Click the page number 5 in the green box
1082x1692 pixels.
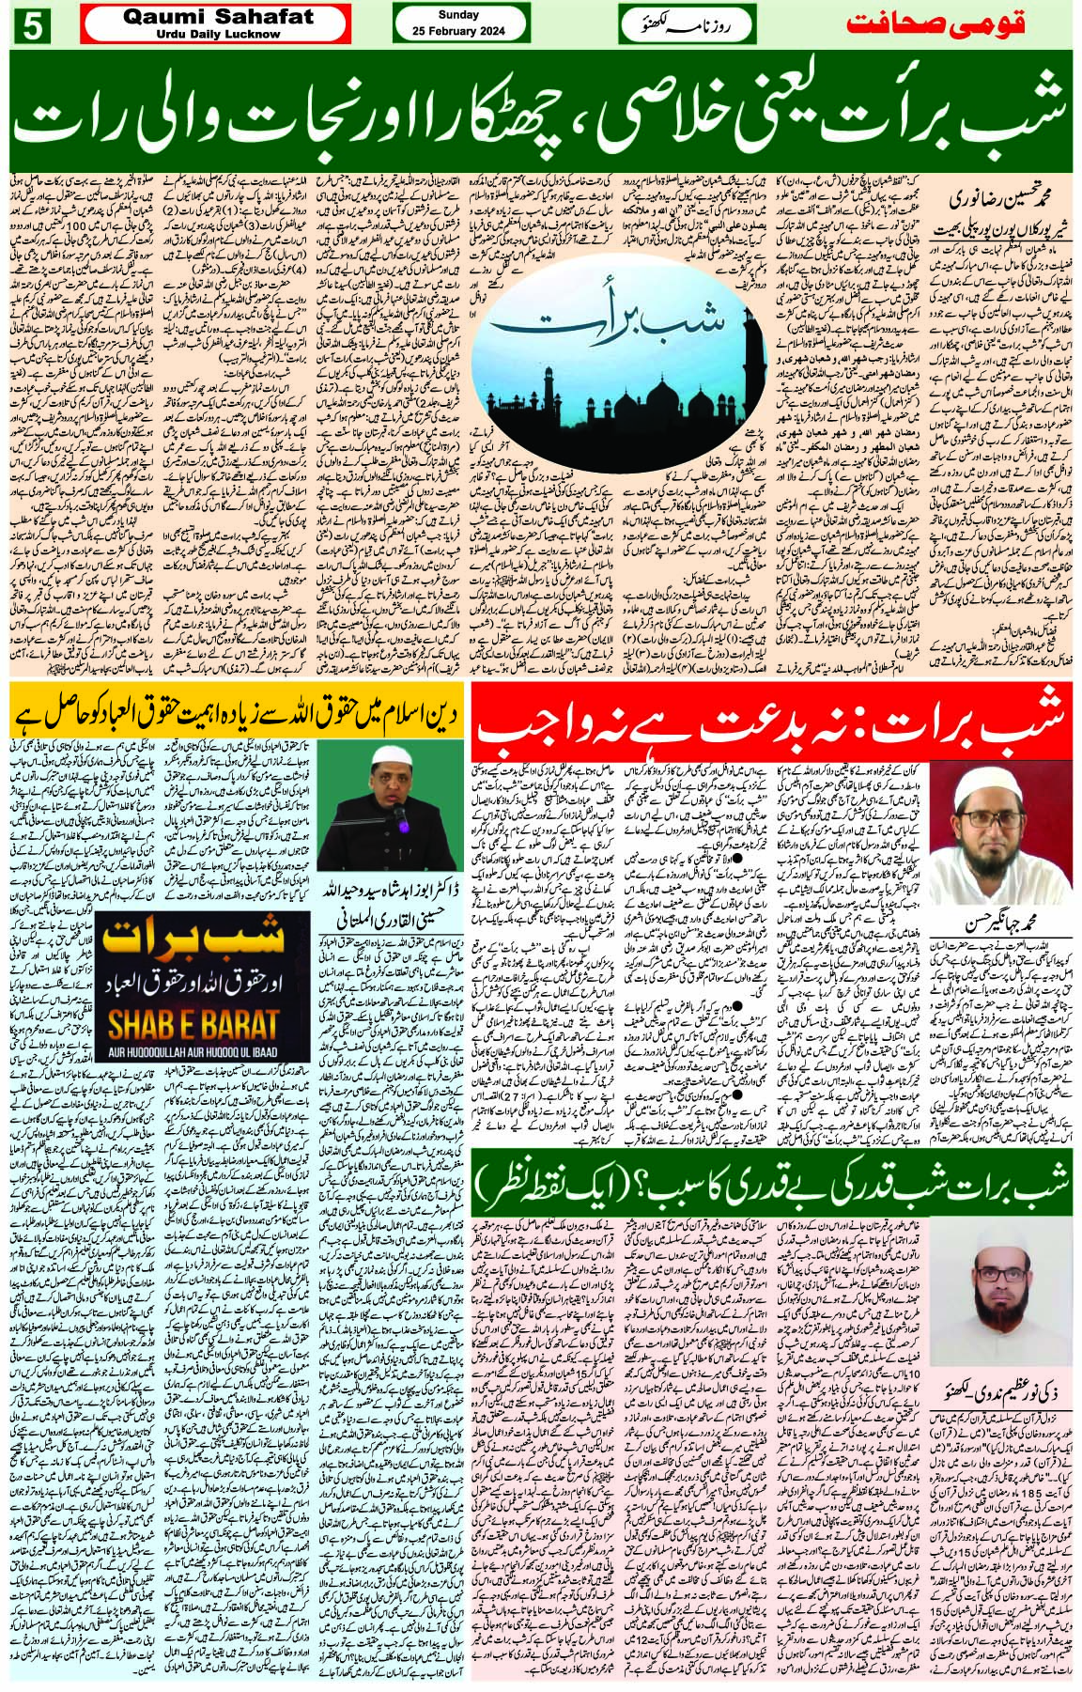coord(32,25)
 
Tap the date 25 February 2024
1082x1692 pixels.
coord(457,30)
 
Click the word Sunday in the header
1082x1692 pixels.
coord(457,14)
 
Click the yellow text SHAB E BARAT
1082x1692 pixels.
coord(192,1023)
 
